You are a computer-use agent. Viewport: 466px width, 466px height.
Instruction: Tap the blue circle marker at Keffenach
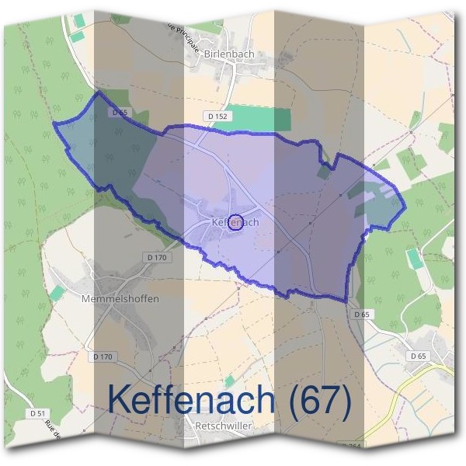click(x=238, y=221)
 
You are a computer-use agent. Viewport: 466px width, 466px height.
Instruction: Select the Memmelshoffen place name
click(x=120, y=298)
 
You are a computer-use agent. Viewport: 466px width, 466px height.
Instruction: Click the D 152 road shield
click(x=218, y=116)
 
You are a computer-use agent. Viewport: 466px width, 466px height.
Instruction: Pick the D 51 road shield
click(x=37, y=412)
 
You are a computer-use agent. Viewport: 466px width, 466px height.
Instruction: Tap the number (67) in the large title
click(x=318, y=398)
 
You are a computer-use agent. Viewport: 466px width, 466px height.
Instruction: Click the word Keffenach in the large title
click(x=192, y=398)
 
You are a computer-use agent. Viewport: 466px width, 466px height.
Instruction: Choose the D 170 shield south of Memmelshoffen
click(x=103, y=356)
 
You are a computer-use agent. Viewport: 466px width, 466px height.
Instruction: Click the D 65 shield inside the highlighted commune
click(x=119, y=113)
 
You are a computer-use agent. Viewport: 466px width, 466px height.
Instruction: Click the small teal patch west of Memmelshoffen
click(x=57, y=293)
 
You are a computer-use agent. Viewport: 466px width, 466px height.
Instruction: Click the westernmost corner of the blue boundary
click(x=54, y=123)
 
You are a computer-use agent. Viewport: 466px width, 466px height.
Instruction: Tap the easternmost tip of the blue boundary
click(x=405, y=208)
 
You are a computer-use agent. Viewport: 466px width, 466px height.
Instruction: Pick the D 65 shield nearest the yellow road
click(x=417, y=356)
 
